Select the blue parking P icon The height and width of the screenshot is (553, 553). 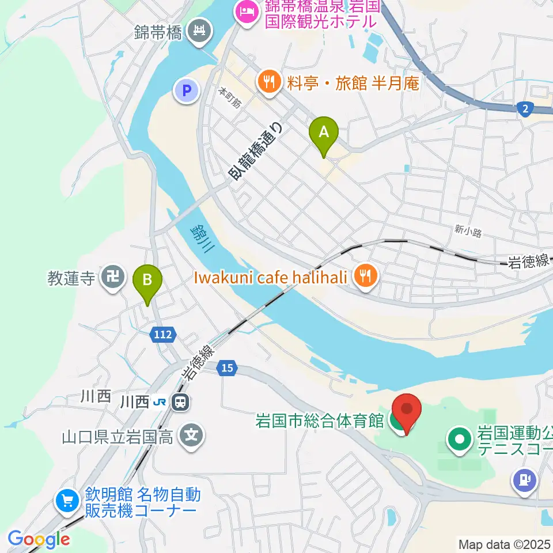[186, 90]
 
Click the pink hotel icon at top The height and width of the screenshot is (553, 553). [247, 11]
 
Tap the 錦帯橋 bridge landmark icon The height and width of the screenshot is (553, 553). [200, 30]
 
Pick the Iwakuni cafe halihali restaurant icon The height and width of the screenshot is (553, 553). [364, 278]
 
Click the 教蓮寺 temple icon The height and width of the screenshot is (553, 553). [112, 279]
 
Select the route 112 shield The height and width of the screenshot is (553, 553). [162, 334]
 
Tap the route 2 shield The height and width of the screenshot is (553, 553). [525, 109]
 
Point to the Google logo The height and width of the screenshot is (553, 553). [39, 539]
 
